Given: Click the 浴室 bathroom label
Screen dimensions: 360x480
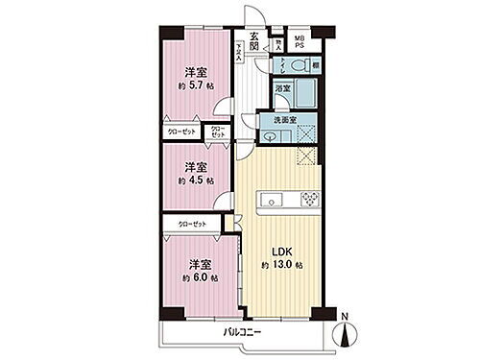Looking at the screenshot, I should point(283,88).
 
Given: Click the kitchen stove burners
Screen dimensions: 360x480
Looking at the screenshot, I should point(309,200).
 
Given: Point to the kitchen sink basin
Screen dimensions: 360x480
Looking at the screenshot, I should point(269,201).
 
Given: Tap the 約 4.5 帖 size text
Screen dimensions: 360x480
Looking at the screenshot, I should point(195,179).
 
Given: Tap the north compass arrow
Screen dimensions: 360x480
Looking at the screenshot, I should point(345,336).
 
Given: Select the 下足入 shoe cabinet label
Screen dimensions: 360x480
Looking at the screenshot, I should point(240,50).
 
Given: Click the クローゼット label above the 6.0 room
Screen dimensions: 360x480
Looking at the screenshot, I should point(190,224).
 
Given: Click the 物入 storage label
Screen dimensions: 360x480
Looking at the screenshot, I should point(278,42).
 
